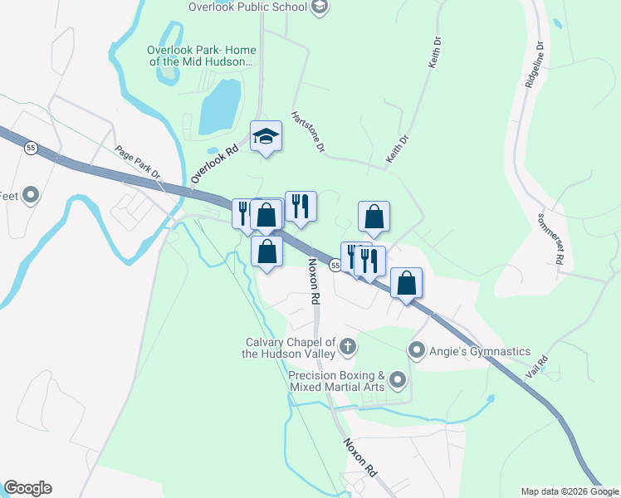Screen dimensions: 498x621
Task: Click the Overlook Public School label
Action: click(x=247, y=7)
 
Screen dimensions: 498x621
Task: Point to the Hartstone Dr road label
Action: click(x=306, y=133)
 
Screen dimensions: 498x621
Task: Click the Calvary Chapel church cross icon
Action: click(x=348, y=345)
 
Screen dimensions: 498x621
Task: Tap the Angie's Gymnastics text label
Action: click(x=480, y=351)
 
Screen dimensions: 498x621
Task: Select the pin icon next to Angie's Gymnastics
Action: click(x=418, y=350)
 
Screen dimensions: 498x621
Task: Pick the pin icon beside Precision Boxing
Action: click(x=398, y=381)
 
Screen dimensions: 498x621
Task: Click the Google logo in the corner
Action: click(x=27, y=488)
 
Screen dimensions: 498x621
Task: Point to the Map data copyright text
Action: click(x=570, y=491)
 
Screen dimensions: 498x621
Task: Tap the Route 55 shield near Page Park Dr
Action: click(x=31, y=148)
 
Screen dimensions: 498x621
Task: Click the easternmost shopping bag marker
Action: click(x=406, y=283)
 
